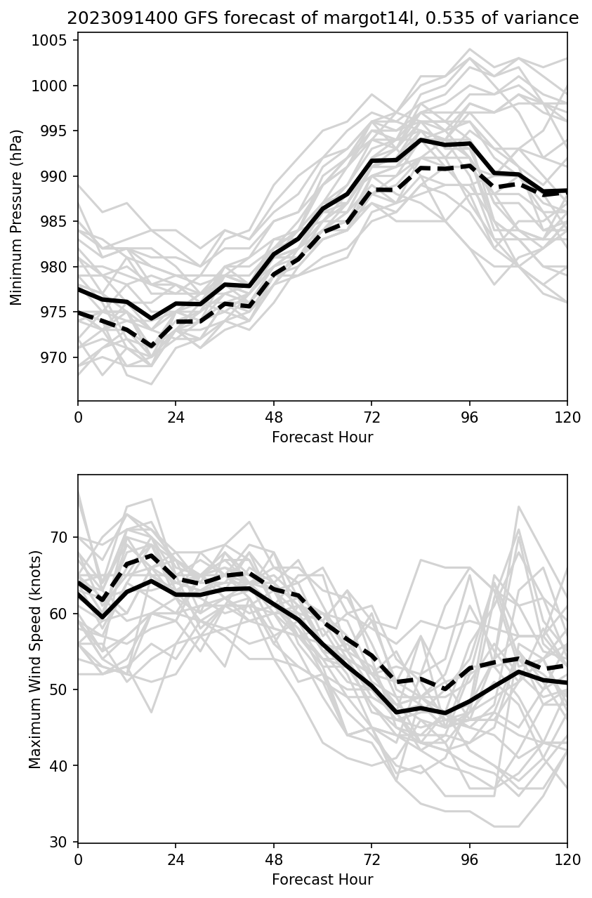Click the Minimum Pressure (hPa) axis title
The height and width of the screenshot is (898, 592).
tap(17, 217)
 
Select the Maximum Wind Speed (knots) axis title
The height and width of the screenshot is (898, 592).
tap(36, 659)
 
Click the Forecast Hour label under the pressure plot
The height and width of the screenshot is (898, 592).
tap(322, 437)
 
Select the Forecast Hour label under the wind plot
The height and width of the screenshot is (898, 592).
tap(322, 880)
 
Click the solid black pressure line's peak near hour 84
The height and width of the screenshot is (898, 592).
tap(421, 140)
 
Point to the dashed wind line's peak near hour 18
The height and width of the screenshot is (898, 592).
tap(152, 555)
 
